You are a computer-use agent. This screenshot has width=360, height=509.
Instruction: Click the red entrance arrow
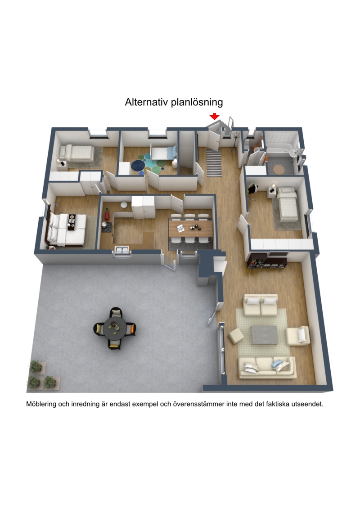pos(214,116)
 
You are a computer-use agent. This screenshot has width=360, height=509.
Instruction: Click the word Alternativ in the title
pos(147,102)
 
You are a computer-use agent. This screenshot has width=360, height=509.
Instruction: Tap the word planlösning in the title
pos(197,102)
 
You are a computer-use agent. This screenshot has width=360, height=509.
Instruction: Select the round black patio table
pos(115,328)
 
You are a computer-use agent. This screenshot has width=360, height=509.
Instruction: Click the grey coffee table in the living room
pos(265,335)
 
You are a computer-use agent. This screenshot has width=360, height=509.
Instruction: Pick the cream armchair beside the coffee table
pos(297,336)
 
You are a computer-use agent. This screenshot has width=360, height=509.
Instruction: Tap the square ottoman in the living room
pos(236,336)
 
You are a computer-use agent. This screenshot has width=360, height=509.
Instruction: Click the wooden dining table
pos(190,228)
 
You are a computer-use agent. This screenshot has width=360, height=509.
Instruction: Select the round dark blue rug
pos(138,165)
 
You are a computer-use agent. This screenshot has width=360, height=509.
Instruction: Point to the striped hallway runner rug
pos(214,163)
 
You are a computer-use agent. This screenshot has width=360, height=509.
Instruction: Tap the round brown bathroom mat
pos(279,170)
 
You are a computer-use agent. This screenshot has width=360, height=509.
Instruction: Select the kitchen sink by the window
pos(122,250)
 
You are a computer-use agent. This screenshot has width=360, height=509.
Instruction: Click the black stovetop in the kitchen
pos(107,227)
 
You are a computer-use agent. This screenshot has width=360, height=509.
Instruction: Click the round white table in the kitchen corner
pos(124,205)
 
